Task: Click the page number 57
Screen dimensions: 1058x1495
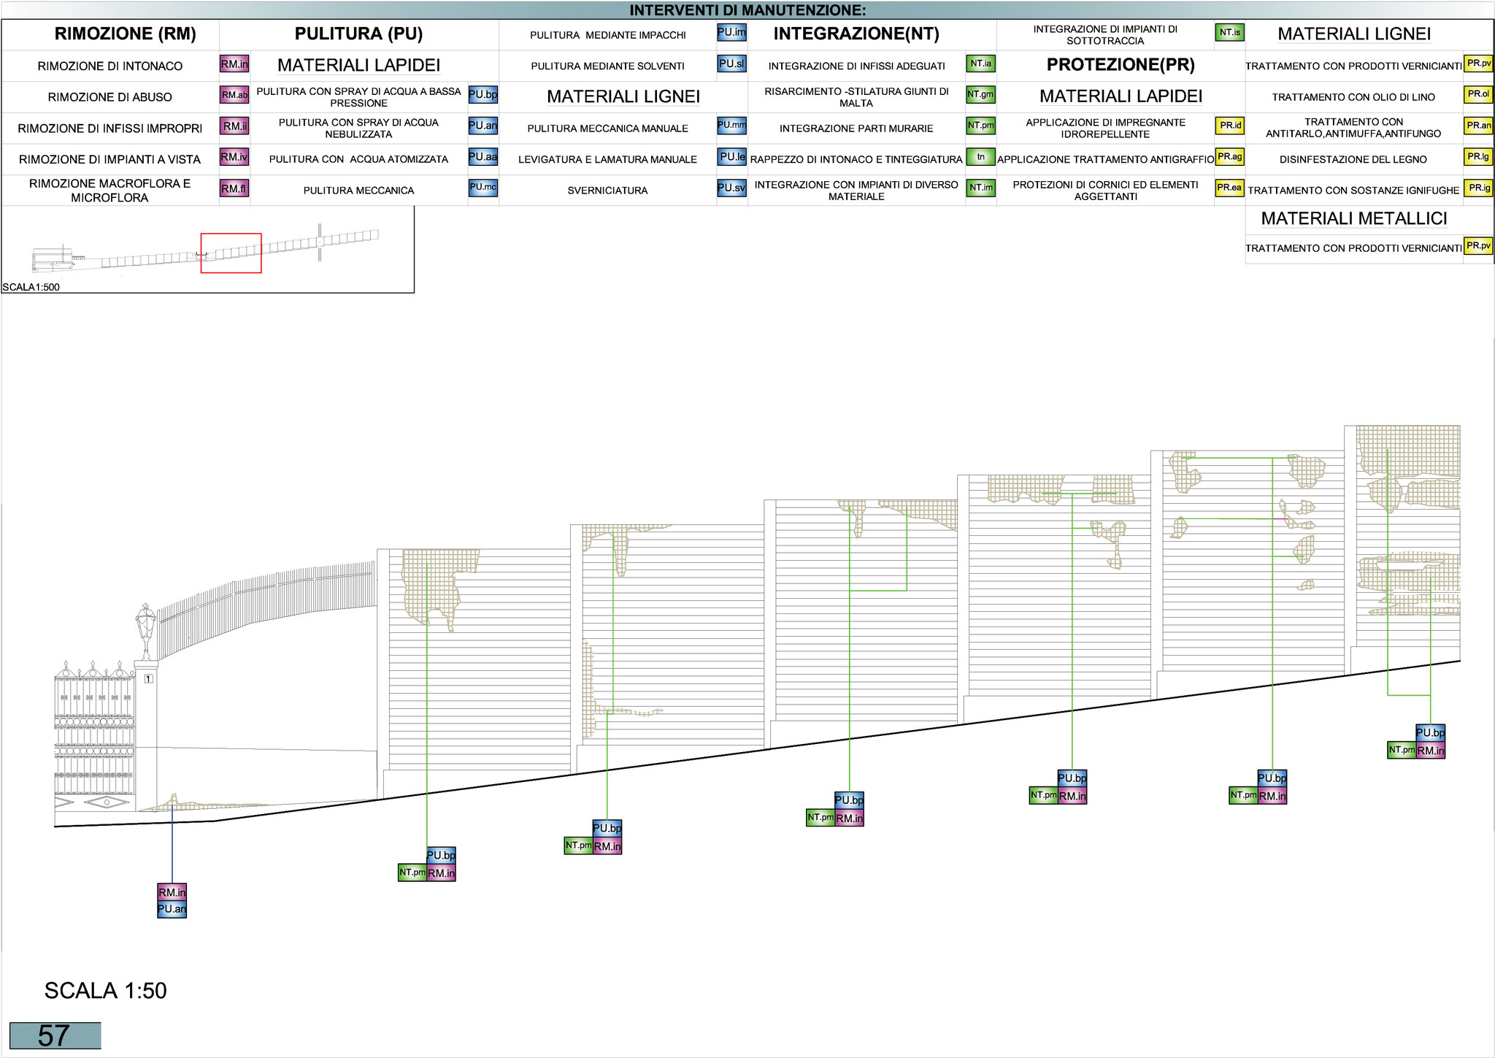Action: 54,1035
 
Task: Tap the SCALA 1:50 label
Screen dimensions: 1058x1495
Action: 106,991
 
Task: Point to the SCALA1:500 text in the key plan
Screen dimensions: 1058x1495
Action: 31,287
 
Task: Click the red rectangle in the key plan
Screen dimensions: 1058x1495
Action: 231,253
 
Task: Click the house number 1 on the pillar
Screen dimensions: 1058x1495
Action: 148,679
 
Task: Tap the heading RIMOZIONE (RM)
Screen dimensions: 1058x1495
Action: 125,34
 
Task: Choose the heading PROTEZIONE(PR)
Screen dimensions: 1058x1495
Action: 1120,65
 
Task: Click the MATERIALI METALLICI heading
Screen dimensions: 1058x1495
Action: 1353,219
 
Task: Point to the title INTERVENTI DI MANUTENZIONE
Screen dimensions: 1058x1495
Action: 747,10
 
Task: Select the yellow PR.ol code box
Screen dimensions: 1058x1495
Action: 1478,95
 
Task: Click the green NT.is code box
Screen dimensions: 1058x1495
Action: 1229,33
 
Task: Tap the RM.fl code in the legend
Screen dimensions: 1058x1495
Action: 234,189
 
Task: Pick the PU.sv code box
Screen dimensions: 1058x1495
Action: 731,188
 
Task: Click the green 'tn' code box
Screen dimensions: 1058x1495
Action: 980,157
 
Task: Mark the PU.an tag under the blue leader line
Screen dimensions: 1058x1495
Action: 172,909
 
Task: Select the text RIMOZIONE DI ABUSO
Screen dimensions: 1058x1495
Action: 110,97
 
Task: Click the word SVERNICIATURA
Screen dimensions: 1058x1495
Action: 607,191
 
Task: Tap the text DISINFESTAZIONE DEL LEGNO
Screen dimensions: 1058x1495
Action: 1353,159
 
